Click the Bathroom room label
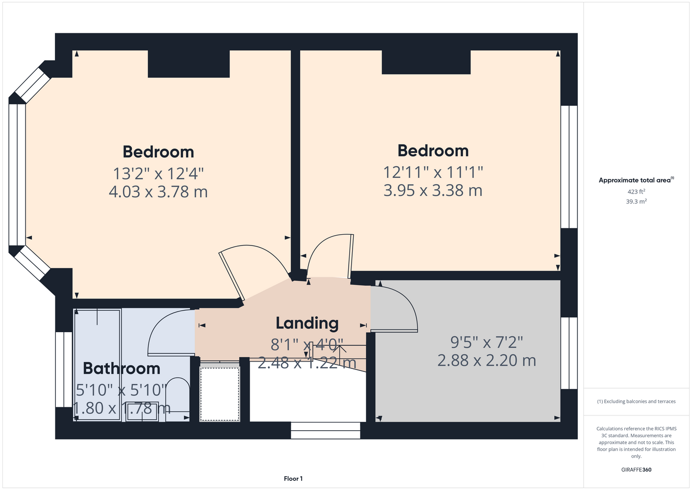pos(121,368)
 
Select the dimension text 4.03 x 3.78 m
pos(158,192)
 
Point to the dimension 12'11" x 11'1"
pos(433,172)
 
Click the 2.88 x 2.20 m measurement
pos(487,361)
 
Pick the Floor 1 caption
pos(293,479)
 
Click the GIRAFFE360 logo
pos(636,469)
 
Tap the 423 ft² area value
pos(636,192)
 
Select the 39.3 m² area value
pos(636,201)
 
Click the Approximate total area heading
pos(636,180)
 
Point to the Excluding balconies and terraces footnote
pos(636,401)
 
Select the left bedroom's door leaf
pos(232,276)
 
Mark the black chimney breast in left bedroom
pos(189,64)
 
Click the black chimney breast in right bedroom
pos(426,62)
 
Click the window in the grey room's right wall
pos(569,353)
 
